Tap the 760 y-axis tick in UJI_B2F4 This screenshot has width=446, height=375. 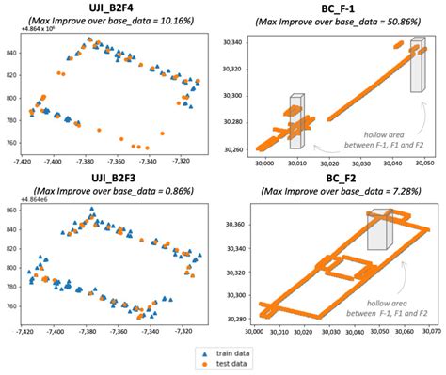[x=13, y=143]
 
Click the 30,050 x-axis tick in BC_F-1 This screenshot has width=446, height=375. [x=422, y=162]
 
